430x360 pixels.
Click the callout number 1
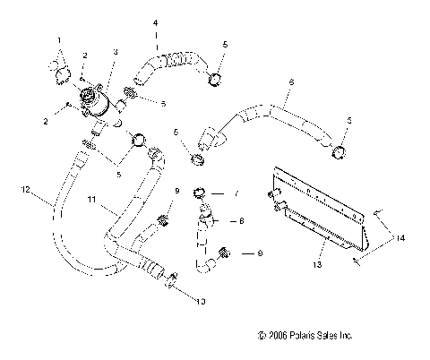click(60, 40)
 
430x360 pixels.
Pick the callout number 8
click(241, 219)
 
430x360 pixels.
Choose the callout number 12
click(26, 189)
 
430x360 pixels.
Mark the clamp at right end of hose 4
click(215, 81)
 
